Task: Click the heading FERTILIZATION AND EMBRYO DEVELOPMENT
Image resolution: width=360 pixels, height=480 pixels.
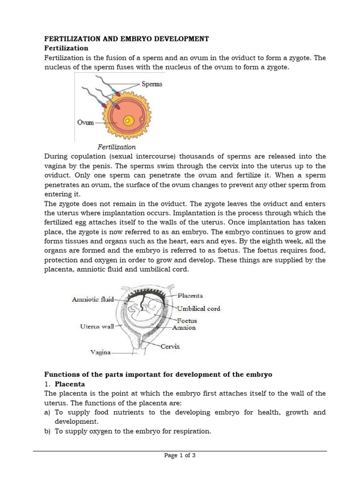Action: click(126, 38)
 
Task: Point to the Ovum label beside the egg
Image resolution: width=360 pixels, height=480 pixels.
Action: click(86, 122)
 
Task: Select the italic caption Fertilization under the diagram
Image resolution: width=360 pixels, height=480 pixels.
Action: click(117, 147)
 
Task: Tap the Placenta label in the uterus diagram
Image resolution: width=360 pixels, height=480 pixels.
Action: click(190, 296)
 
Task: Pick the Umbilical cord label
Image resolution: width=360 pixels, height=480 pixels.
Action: click(198, 308)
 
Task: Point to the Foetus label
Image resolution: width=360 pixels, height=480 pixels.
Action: click(187, 321)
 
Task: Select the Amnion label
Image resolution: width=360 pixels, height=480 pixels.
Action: click(185, 328)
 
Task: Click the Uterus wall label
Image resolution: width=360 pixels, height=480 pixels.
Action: click(97, 326)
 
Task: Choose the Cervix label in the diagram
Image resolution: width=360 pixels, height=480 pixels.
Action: click(170, 347)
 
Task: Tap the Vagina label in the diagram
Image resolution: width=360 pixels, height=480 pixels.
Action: click(100, 352)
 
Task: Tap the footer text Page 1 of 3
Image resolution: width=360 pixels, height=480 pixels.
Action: click(180, 455)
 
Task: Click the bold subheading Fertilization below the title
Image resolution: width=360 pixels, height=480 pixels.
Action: click(66, 48)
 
